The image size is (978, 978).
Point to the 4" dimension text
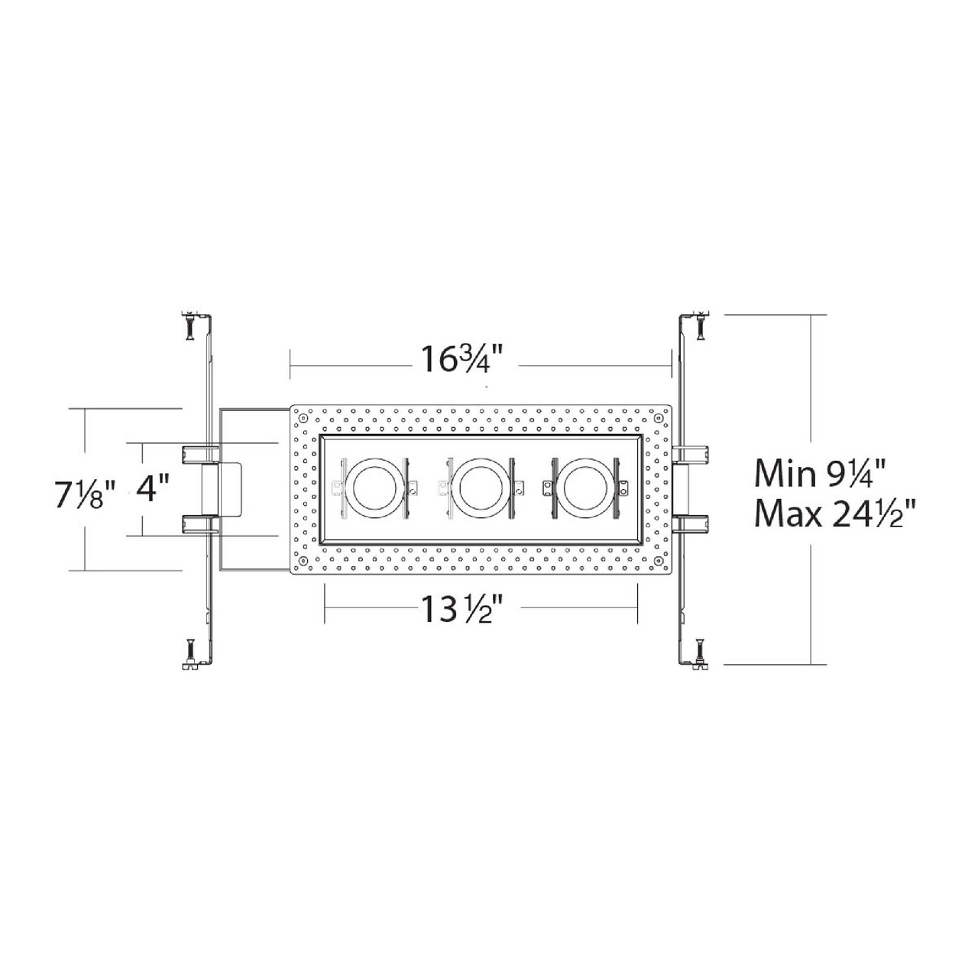tap(152, 487)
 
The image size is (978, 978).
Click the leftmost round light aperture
tap(375, 487)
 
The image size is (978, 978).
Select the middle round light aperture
tap(481, 487)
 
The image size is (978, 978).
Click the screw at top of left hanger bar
tap(189, 325)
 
